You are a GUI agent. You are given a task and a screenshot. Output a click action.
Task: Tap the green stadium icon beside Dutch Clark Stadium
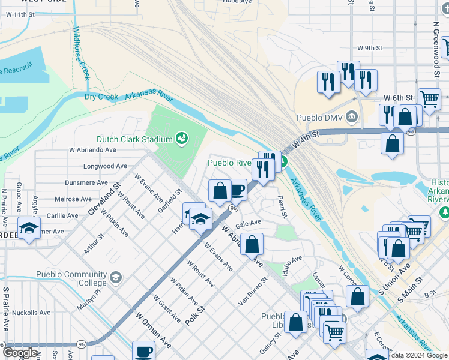pos(181,139)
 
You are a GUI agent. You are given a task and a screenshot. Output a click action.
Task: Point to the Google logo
pos(19,353)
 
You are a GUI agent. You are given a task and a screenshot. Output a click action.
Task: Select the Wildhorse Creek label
pos(81,53)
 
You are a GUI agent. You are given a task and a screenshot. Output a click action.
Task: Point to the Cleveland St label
pos(105,200)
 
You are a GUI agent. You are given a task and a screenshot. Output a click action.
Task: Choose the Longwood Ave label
pos(106,166)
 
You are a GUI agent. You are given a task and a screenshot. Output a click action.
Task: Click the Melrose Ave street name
pos(74,199)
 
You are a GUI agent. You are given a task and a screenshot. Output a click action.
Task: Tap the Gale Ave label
pos(249,223)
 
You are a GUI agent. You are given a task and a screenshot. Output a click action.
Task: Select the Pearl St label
pos(283,206)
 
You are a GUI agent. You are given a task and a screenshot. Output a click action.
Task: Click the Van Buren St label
pos(253,292)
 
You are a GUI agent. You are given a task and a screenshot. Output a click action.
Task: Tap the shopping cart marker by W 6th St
pos(429,100)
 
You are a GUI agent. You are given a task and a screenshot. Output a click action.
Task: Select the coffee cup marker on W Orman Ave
pos(144,352)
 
